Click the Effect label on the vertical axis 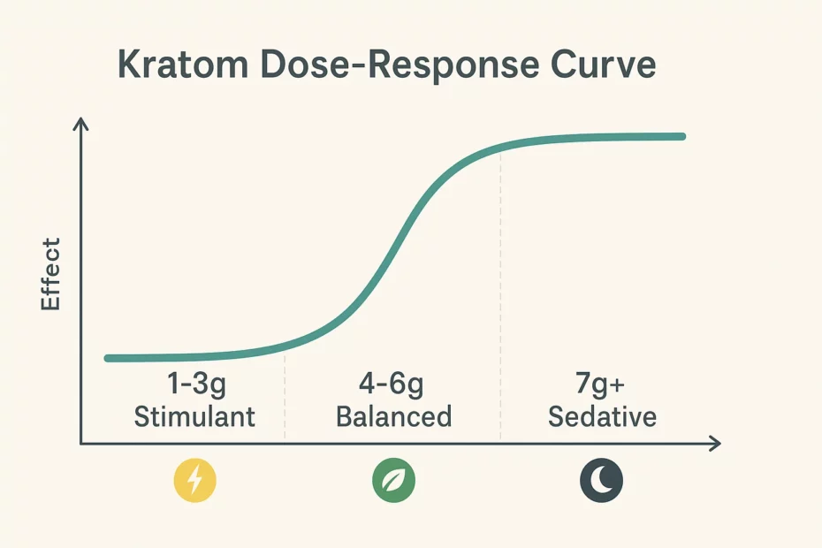(x=50, y=273)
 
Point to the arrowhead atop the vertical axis (x=80, y=126)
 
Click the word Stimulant (x=194, y=415)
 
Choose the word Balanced (x=393, y=415)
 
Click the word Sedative (x=602, y=415)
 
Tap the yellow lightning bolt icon (x=194, y=482)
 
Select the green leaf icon (x=392, y=482)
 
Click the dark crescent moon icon (x=601, y=482)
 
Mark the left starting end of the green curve (x=108, y=358)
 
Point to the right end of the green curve (x=682, y=136)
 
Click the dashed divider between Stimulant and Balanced (x=285, y=398)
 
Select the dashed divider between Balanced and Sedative (x=500, y=292)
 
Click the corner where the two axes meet (x=80, y=443)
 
